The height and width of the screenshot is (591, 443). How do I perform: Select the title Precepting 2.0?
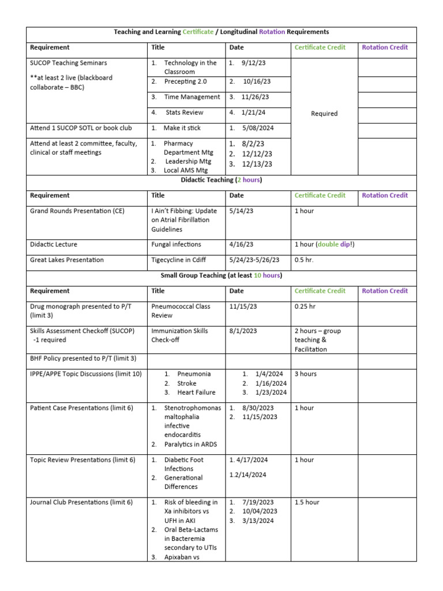[183, 81]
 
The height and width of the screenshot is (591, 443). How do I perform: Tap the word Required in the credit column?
[324, 114]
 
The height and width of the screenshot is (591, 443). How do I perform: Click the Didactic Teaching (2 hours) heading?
[221, 181]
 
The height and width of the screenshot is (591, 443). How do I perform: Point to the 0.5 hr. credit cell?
[303, 260]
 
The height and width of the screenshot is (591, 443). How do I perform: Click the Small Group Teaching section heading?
[221, 276]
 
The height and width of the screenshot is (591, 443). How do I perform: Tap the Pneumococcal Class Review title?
[181, 311]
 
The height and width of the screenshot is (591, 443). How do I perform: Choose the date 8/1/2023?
[243, 331]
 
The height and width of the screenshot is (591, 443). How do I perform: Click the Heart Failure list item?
[196, 392]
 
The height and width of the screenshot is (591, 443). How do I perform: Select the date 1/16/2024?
[271, 383]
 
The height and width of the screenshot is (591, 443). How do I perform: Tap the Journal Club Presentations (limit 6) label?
[81, 502]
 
